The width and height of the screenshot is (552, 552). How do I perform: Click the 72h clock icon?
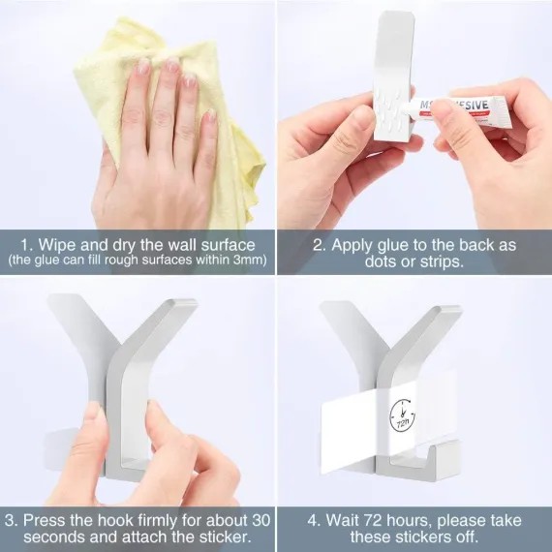403,415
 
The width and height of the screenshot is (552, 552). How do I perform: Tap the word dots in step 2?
381,261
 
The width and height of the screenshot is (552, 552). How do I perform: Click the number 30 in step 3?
261,520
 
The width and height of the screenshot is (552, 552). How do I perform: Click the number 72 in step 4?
373,520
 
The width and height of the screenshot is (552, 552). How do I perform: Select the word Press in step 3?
45,520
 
